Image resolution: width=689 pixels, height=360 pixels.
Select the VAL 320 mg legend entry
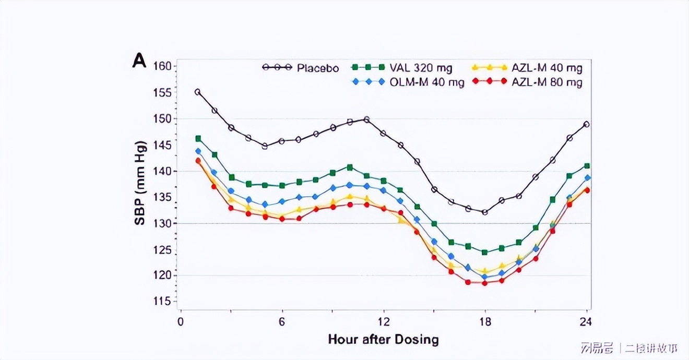(x=402, y=67)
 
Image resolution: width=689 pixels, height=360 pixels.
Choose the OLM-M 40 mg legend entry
(x=408, y=82)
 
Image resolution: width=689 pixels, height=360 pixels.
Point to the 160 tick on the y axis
(x=162, y=66)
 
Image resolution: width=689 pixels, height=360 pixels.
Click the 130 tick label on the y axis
(x=162, y=223)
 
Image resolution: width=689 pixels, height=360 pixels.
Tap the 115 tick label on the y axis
(x=162, y=302)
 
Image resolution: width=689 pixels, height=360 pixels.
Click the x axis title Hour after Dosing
(x=383, y=340)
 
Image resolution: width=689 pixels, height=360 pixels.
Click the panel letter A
(x=139, y=62)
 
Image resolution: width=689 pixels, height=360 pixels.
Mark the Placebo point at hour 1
(x=198, y=92)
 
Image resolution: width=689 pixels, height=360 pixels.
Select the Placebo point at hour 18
(x=484, y=212)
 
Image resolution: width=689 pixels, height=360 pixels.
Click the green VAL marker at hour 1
(x=198, y=138)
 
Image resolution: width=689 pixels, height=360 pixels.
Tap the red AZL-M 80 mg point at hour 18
(x=484, y=283)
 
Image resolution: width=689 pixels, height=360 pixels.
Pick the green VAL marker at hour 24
(x=587, y=166)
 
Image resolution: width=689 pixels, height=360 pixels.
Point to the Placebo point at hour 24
(x=587, y=124)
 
